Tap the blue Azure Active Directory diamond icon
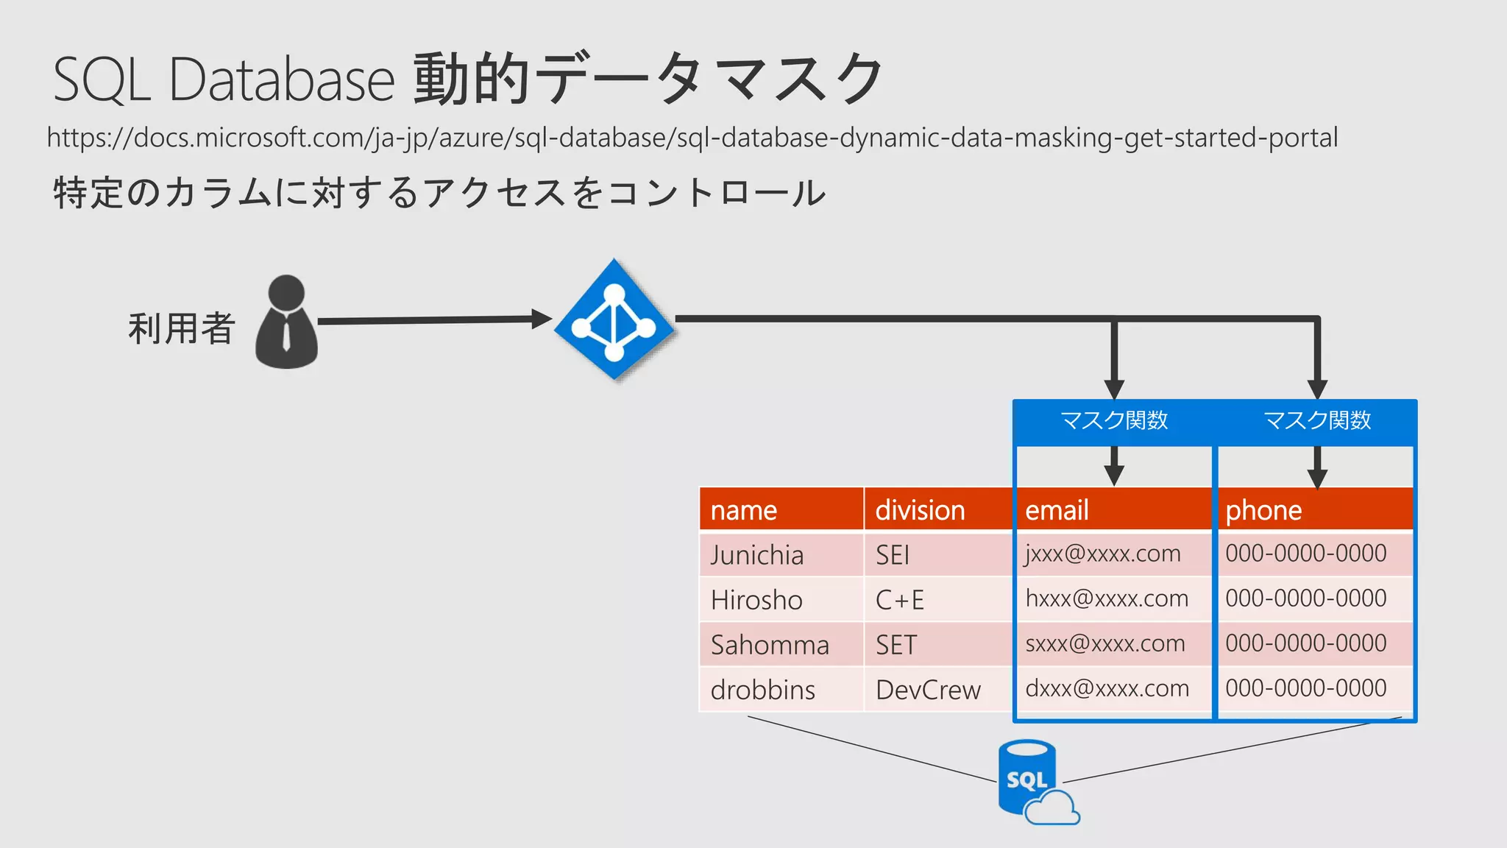614,319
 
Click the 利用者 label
181,328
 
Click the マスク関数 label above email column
1114,420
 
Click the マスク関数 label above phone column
1317,420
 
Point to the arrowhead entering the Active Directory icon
542,319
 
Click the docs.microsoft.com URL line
692,138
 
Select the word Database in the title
282,79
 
